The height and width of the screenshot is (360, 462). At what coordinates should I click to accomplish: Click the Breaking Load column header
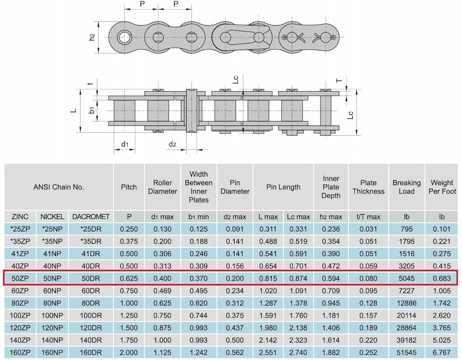coord(406,187)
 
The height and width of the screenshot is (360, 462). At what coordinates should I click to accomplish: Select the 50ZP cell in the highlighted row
coord(20,278)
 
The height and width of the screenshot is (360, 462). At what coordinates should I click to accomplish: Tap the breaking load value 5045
coord(407,278)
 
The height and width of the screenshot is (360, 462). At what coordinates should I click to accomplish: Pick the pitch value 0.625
coord(129,278)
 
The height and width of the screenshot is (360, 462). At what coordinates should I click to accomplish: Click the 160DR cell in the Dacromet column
coord(91,352)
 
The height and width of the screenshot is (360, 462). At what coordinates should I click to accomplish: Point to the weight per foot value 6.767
coord(442,352)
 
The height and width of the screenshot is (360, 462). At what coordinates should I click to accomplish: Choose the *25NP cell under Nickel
coord(52,229)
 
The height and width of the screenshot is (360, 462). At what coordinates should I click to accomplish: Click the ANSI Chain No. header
coord(59,187)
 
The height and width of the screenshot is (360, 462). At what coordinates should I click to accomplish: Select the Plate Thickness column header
coord(368,187)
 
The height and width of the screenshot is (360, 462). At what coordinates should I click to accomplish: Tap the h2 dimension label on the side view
coord(92,37)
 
